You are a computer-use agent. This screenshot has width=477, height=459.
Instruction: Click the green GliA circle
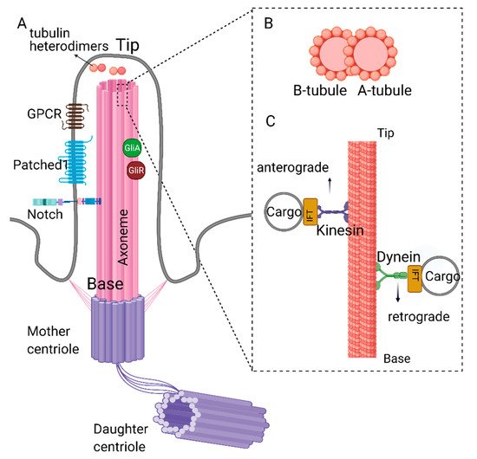(131, 148)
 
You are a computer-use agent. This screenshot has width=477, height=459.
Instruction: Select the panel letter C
(271, 119)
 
